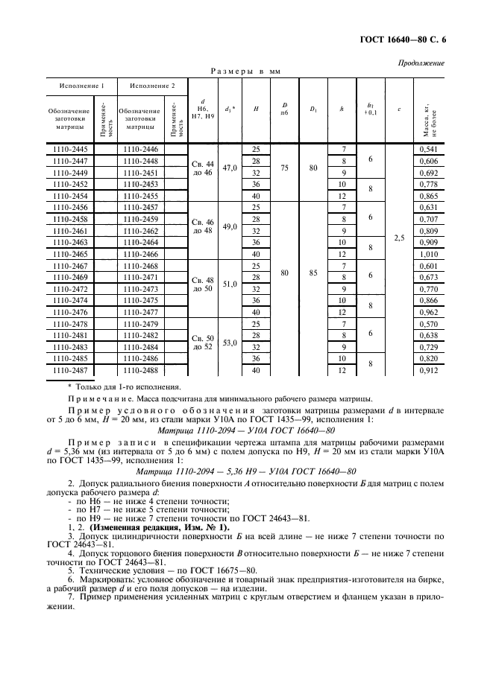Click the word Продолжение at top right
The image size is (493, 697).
[421, 63]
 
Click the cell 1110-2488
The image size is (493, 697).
[141, 370]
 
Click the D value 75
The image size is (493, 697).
[284, 168]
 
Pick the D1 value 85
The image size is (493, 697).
[313, 273]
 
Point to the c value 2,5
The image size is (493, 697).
[399, 238]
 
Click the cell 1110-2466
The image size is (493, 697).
[141, 254]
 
